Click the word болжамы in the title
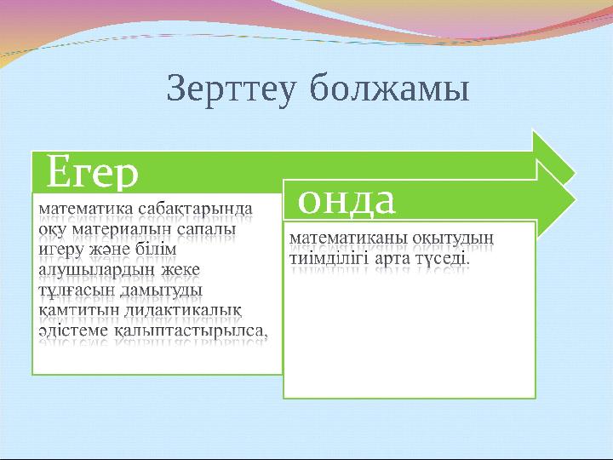pos(390,89)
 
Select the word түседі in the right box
pos(441,256)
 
